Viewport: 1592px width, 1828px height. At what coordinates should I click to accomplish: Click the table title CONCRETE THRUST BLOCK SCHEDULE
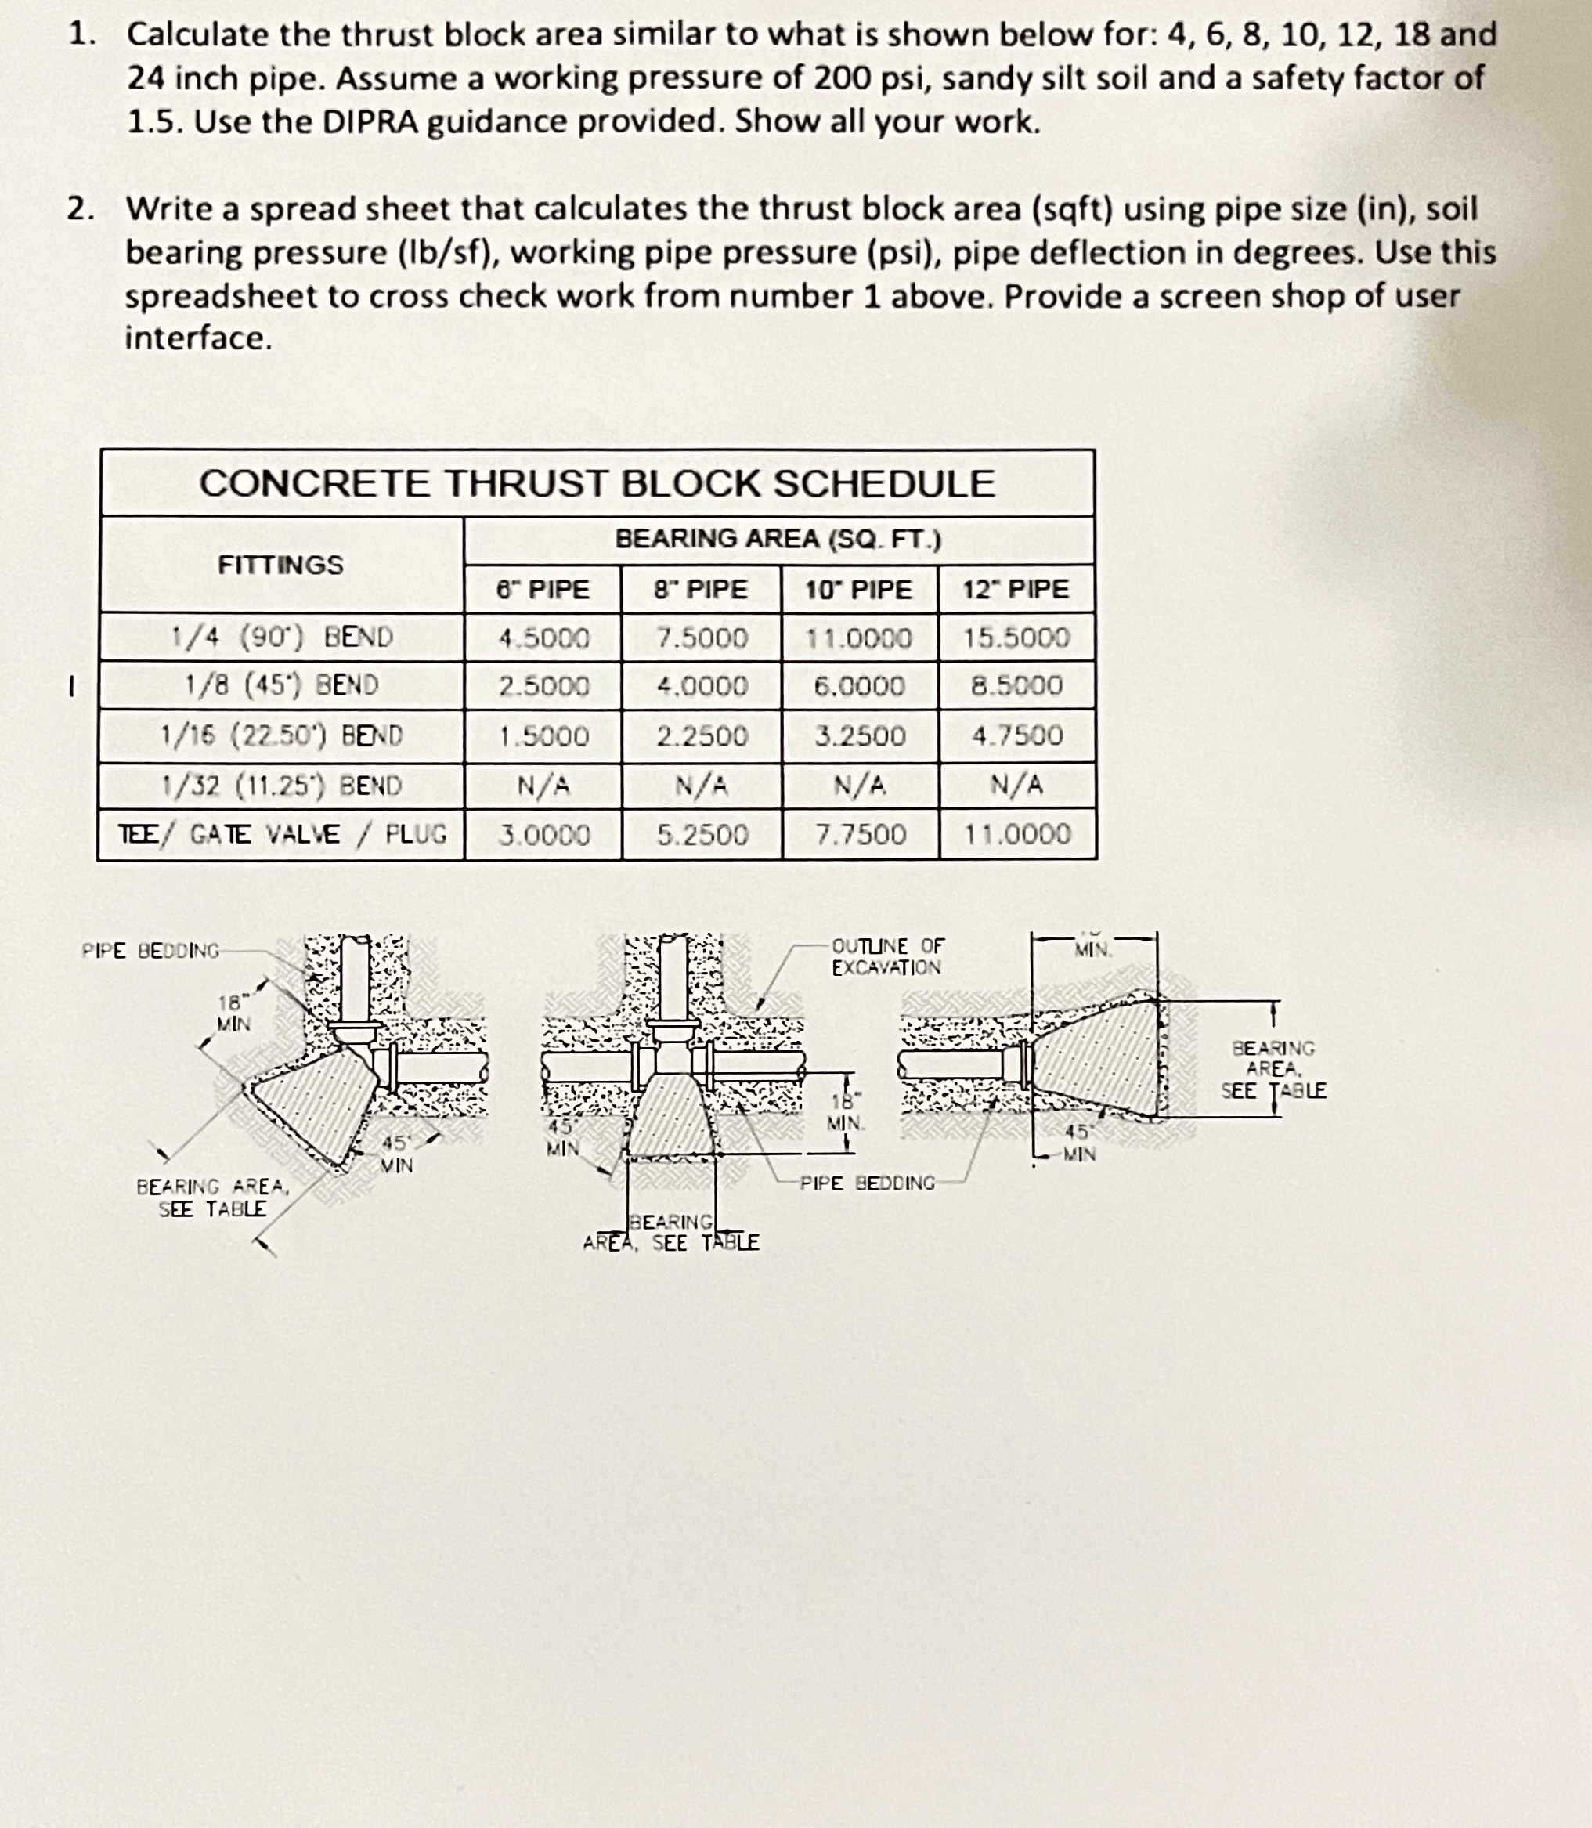pyautogui.click(x=596, y=483)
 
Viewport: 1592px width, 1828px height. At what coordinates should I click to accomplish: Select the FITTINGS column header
pyautogui.click(x=280, y=565)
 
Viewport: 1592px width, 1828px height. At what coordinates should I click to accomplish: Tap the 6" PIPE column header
pyautogui.click(x=542, y=589)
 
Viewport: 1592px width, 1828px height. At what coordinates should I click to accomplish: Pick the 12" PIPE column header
pyautogui.click(x=1016, y=588)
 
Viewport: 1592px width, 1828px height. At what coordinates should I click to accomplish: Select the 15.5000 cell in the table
pyautogui.click(x=1016, y=638)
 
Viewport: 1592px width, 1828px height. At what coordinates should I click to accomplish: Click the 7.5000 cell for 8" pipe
pyautogui.click(x=702, y=638)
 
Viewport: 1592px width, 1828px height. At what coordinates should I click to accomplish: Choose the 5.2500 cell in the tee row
pyautogui.click(x=702, y=834)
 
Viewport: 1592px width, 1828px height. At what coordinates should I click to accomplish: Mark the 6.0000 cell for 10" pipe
pyautogui.click(x=859, y=686)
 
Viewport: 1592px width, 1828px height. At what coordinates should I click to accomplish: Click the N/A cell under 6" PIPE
pyautogui.click(x=543, y=786)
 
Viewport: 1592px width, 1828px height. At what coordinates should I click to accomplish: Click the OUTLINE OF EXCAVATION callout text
pyautogui.click(x=887, y=956)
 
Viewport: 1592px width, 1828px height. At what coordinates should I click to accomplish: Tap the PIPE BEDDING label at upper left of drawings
pyautogui.click(x=150, y=950)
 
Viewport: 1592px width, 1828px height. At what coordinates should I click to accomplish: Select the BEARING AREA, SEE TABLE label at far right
pyautogui.click(x=1273, y=1069)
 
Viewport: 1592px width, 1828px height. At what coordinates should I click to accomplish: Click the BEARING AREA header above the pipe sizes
pyautogui.click(x=778, y=539)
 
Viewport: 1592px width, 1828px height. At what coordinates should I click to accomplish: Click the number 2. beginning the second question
pyautogui.click(x=81, y=209)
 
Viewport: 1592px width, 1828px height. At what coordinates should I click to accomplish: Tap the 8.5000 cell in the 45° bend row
pyautogui.click(x=1016, y=686)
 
